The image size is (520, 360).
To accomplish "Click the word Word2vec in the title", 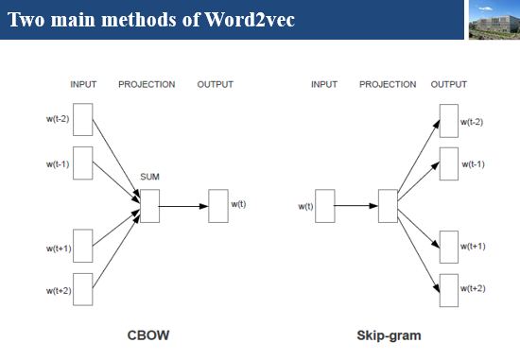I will point(248,19).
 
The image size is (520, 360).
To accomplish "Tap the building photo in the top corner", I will point(493,21).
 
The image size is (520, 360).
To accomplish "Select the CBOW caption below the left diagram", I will point(148,334).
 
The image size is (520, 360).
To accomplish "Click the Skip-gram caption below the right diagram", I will point(389,334).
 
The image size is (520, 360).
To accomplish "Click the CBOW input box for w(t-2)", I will point(83,119).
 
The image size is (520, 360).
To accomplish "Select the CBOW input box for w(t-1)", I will point(83,163).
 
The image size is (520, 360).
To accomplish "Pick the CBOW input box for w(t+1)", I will point(83,245).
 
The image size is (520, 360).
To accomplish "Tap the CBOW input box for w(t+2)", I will point(83,289).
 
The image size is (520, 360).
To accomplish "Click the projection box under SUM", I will point(149,205).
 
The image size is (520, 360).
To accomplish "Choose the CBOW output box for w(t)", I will point(218,205).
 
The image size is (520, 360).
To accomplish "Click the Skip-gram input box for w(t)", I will point(324,205).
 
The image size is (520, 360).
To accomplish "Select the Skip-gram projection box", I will point(388,205).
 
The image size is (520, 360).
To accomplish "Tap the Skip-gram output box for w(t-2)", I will point(449,121).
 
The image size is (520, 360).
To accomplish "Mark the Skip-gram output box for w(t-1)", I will point(449,163).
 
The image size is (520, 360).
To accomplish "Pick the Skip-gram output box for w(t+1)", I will point(449,246).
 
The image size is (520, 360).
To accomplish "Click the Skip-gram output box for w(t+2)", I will point(449,288).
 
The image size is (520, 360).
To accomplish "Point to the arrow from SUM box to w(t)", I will point(183,205).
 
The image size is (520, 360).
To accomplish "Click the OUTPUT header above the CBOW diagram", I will point(215,84).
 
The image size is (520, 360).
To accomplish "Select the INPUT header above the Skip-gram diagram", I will point(324,84).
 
